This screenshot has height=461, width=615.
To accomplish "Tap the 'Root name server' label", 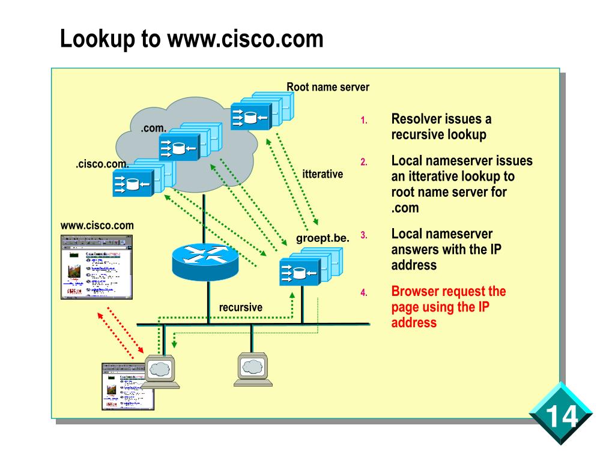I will [x=327, y=87].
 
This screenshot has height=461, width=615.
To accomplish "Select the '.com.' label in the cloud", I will [x=154, y=128].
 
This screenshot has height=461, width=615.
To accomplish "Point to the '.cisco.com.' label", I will [x=102, y=164].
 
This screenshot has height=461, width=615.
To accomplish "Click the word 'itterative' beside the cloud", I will [x=323, y=174].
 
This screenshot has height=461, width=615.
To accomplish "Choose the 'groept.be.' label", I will [x=323, y=238].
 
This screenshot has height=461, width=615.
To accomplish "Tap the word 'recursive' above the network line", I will [x=240, y=307].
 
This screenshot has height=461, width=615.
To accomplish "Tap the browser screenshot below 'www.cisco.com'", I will [x=97, y=267].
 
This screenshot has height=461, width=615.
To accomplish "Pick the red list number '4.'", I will [x=363, y=293].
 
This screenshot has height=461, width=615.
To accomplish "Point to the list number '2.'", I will [x=363, y=162].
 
